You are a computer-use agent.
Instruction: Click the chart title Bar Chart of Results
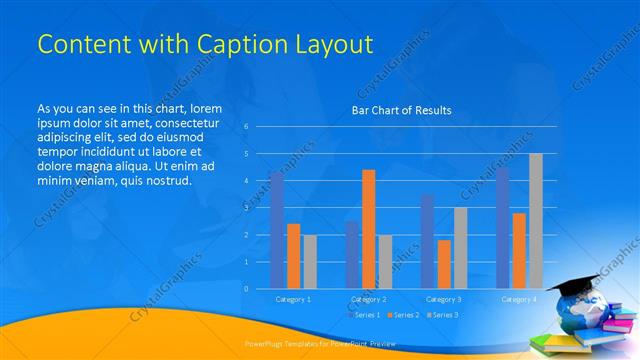click(x=400, y=110)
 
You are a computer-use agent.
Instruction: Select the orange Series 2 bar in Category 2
click(x=368, y=229)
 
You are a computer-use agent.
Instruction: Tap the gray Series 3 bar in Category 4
click(x=535, y=221)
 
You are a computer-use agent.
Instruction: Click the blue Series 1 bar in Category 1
click(x=276, y=230)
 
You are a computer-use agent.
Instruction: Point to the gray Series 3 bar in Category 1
click(x=309, y=261)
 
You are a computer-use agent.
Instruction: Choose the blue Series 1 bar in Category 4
click(x=502, y=228)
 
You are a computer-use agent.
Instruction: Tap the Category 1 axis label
click(x=293, y=299)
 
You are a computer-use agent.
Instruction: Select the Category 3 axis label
click(x=443, y=299)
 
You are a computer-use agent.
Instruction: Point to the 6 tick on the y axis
click(x=246, y=127)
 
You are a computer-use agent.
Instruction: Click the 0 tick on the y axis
click(x=246, y=288)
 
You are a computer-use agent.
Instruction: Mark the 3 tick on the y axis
click(x=246, y=208)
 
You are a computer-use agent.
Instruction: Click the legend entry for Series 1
click(x=365, y=315)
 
